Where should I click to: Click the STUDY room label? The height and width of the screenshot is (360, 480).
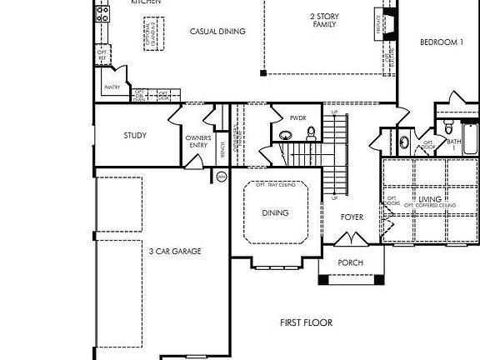135,135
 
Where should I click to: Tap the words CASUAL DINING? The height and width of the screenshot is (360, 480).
217,32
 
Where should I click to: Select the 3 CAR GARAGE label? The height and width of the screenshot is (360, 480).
175,251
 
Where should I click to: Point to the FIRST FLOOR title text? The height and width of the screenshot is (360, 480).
306,322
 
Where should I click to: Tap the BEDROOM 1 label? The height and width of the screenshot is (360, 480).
441,42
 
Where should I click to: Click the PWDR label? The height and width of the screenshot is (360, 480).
299,117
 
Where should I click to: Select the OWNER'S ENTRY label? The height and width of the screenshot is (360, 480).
197,141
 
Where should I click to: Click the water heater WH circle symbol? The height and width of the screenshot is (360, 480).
222,177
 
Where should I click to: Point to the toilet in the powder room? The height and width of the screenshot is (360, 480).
311,132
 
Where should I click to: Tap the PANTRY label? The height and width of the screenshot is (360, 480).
112,87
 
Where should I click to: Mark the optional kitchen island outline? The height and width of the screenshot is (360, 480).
152,33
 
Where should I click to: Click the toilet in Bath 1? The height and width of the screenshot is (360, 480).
448,127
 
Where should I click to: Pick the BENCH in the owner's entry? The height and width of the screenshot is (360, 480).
222,150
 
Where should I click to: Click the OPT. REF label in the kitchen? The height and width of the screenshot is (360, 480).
102,55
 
